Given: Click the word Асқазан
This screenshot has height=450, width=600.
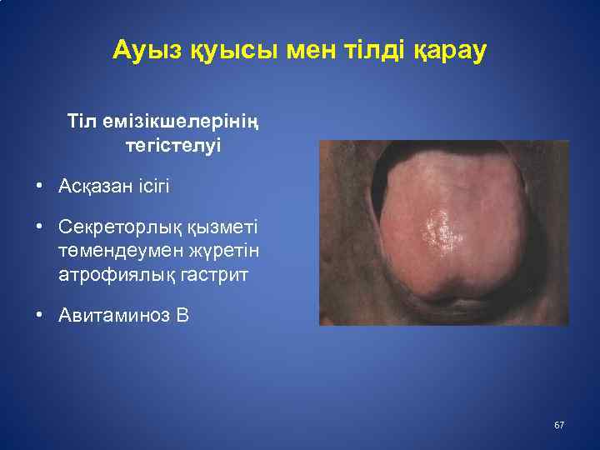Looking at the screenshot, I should pyautogui.click(x=93, y=186).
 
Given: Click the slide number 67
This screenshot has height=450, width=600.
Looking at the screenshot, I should pyautogui.click(x=558, y=426).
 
